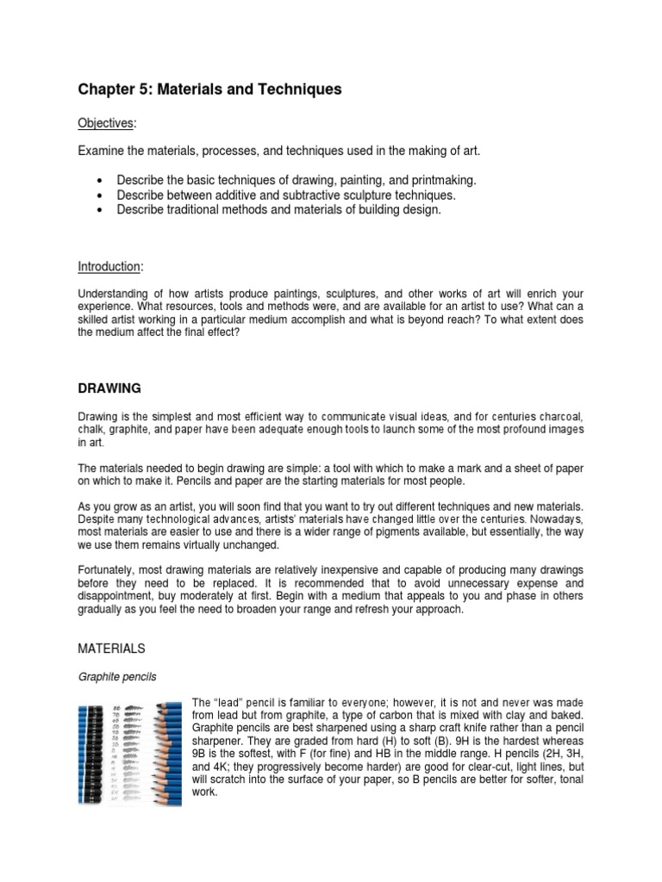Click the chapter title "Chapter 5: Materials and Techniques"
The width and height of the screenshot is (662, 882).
point(210,90)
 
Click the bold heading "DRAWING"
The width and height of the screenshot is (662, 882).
point(110,389)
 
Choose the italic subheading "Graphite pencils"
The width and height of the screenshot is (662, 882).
point(117,677)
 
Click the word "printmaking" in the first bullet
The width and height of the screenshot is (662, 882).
point(443,180)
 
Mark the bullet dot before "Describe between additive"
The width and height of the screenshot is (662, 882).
point(102,196)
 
